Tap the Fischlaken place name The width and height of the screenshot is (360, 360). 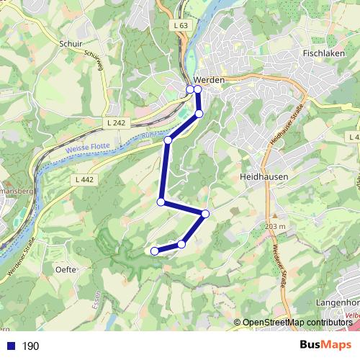point(326,53)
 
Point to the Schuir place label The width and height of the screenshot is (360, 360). point(72,43)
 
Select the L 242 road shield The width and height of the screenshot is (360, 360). point(114,123)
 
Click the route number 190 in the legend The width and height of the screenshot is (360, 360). point(30,346)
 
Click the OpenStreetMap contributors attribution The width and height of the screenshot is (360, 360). point(297,323)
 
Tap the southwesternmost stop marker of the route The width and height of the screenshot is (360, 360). point(153,251)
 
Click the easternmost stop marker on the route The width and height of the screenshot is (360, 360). point(205,213)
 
